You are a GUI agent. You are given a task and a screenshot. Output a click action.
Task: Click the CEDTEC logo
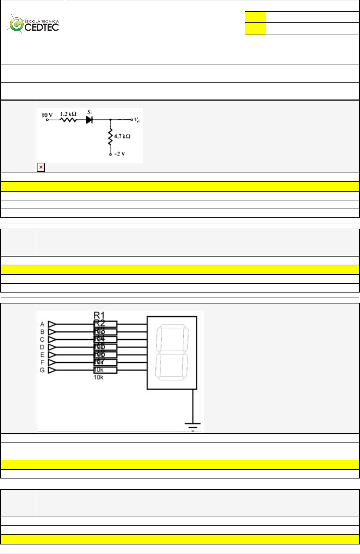[34, 24]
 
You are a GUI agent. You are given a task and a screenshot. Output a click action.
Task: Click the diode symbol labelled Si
[89, 120]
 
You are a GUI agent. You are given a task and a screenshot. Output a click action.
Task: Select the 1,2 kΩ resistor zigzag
[68, 120]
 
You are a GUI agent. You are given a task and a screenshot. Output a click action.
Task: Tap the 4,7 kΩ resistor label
[122, 136]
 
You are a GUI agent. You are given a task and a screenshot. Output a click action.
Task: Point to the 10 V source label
[47, 115]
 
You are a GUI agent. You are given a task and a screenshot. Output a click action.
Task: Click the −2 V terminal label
[120, 154]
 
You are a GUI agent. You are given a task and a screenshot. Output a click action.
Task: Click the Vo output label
[136, 120]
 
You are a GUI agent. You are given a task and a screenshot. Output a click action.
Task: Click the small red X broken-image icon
[41, 167]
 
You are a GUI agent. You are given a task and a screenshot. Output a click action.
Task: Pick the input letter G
[42, 370]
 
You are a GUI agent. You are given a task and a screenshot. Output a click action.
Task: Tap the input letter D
[42, 347]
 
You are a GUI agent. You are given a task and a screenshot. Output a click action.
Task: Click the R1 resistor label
[99, 315]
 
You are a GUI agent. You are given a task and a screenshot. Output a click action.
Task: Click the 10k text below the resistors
[98, 378]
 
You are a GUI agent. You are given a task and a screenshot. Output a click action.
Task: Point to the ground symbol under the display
[193, 425]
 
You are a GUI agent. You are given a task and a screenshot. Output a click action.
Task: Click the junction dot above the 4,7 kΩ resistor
[110, 120]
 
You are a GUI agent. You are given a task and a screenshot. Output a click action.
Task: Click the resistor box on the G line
[105, 370]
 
